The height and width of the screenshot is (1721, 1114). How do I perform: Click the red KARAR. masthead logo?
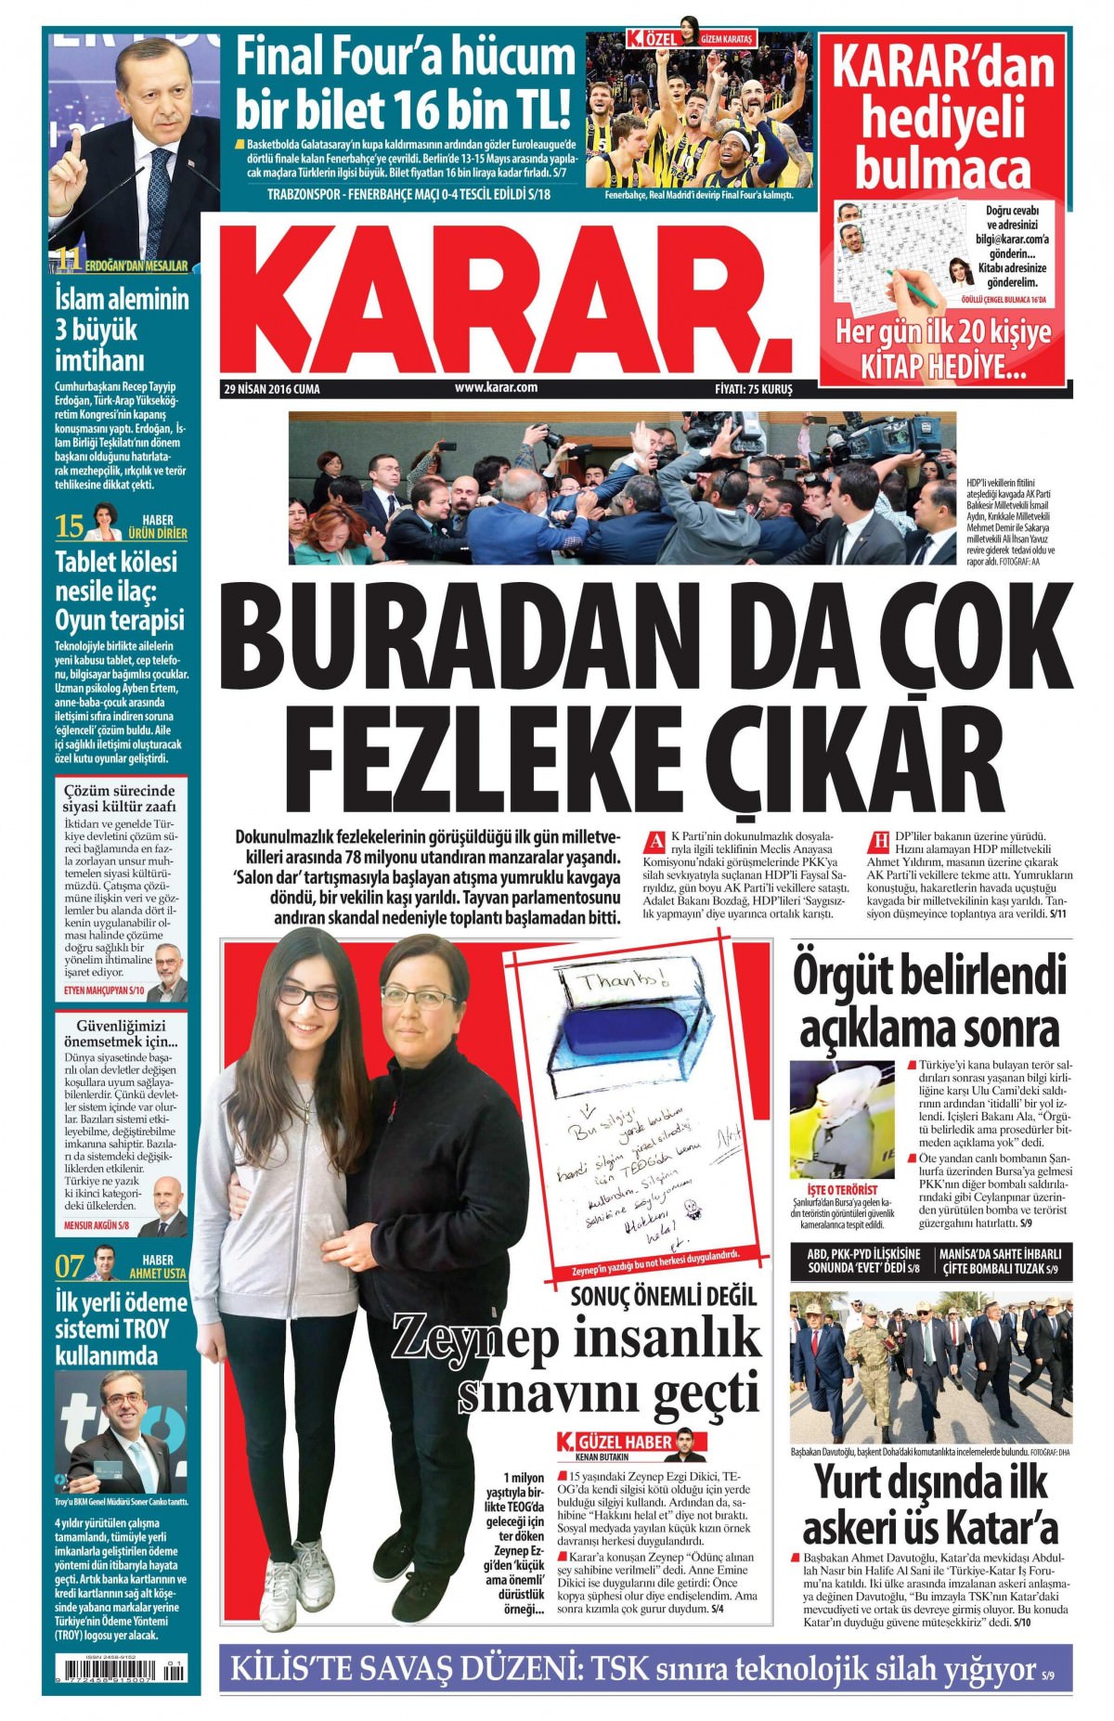click(506, 295)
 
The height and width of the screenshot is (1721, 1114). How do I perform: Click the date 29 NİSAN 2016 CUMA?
click(272, 389)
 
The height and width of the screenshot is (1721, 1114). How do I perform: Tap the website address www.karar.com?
click(496, 388)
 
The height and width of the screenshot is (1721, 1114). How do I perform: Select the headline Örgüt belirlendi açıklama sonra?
click(929, 1001)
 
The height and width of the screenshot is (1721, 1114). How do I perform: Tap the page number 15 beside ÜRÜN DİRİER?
click(70, 526)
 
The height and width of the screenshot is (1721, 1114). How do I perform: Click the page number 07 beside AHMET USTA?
click(70, 1266)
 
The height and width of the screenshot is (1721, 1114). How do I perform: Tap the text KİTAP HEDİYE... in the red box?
click(943, 366)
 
